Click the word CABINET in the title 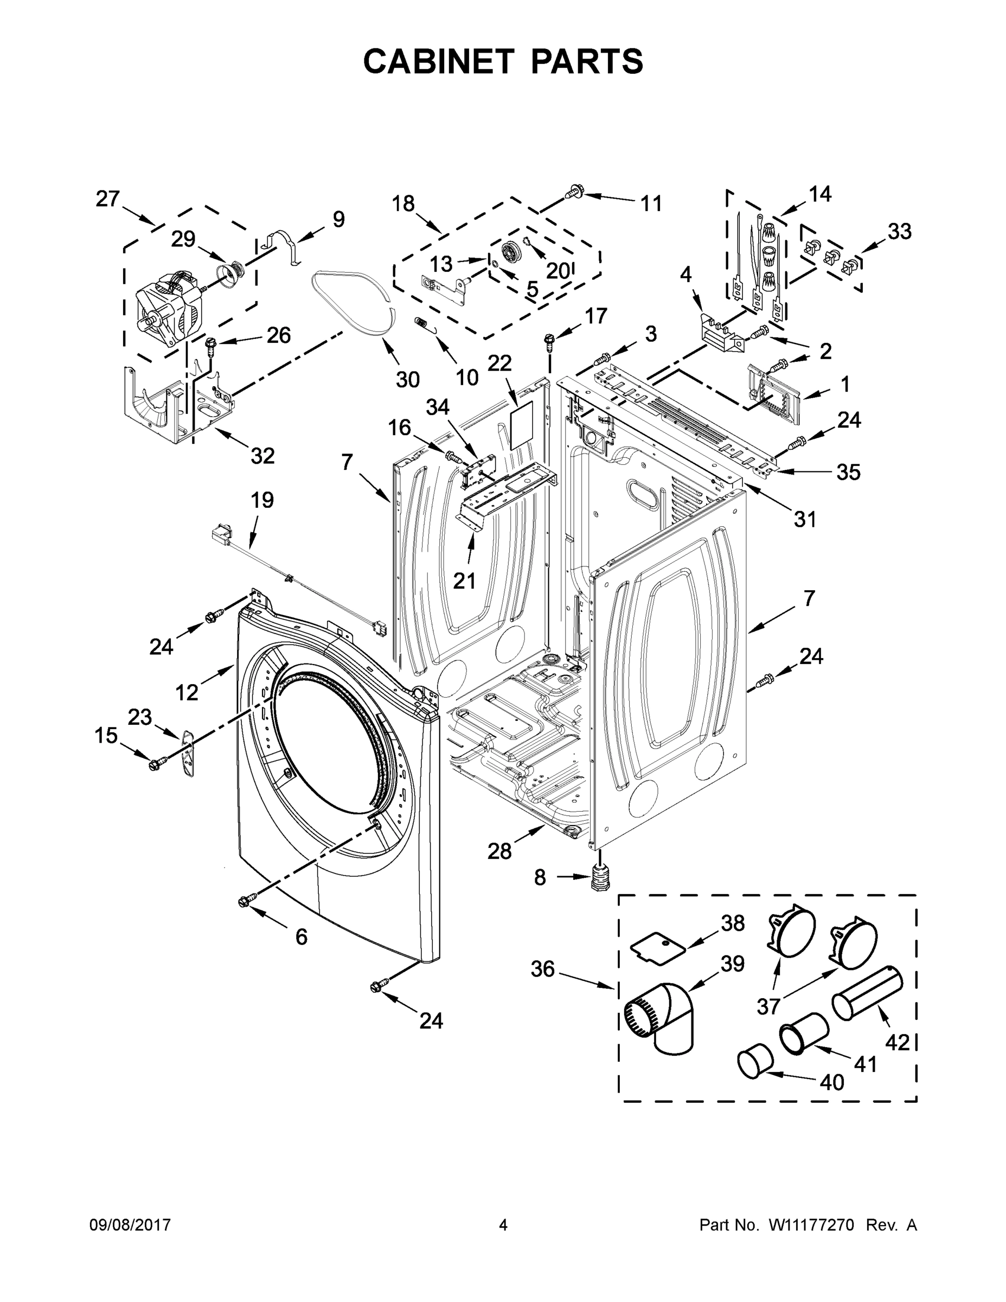[438, 61]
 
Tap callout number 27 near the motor [108, 199]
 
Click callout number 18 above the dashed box [403, 204]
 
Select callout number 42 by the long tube [897, 1042]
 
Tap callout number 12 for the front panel [187, 692]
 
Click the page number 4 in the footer [503, 1225]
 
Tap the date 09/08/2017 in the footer [130, 1225]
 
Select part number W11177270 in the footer [812, 1225]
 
